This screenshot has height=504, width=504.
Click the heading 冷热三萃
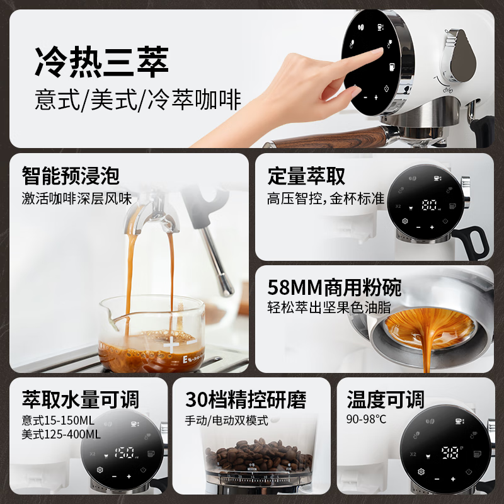click(101, 62)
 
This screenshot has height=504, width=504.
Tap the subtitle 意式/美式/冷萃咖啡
click(138, 100)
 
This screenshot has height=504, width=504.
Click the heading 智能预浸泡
click(71, 176)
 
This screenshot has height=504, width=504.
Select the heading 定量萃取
click(306, 176)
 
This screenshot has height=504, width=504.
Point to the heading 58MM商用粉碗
click(335, 287)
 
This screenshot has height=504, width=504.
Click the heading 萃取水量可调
click(81, 399)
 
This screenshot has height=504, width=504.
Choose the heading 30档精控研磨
click(246, 399)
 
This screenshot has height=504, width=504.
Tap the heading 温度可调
click(386, 399)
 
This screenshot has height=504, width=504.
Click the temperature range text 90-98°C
click(366, 419)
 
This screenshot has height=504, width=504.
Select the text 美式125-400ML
click(61, 434)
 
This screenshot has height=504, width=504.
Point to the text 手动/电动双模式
click(226, 420)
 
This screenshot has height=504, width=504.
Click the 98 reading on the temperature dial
click(450, 452)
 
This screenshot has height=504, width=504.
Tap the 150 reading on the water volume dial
click(124, 453)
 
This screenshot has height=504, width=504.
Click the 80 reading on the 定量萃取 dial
click(430, 205)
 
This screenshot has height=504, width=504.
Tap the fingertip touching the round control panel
click(379, 51)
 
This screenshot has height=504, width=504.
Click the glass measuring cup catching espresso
click(152, 335)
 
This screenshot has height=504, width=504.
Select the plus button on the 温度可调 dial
click(453, 479)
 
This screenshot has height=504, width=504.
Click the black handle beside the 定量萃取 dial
click(475, 241)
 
